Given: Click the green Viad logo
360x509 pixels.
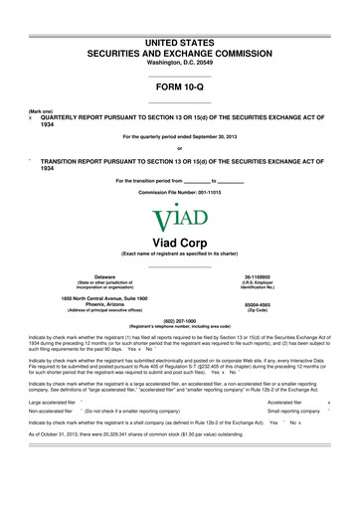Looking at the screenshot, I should (x=180, y=218).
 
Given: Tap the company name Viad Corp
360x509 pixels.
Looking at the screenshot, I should (x=180, y=242).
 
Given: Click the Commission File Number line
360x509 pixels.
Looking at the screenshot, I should (x=180, y=190).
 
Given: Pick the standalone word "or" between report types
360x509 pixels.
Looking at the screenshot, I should (x=180, y=150).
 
